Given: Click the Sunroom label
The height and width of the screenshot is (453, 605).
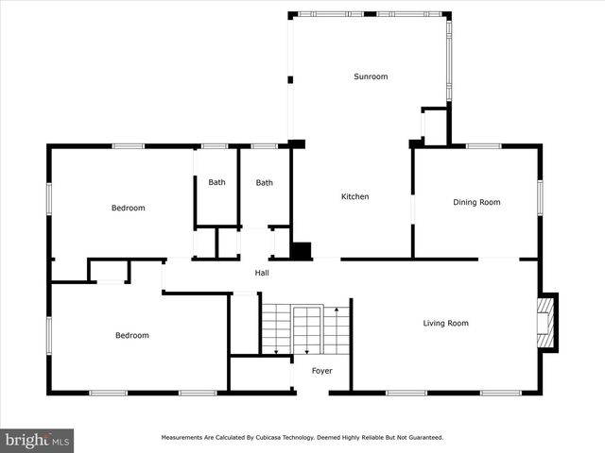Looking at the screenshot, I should point(371,76).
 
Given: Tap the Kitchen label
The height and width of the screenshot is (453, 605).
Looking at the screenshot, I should point(354,196).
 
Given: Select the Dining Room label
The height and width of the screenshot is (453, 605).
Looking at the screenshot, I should point(476,202).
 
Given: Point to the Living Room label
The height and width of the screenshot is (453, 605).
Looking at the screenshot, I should point(444,324).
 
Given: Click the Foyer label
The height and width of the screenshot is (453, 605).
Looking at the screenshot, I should point(322,371).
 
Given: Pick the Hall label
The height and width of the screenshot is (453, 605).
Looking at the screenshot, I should point(262,274).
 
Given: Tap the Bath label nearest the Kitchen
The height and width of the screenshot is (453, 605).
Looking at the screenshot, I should point(264,183).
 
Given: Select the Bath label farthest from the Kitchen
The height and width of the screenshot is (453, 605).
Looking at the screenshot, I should point(217,183).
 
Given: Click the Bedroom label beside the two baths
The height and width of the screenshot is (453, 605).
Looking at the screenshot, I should point(128,208).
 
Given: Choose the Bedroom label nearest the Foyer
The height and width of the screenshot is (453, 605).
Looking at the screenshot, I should point(132,335).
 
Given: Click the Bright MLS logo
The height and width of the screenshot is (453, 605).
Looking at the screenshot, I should point(37,440).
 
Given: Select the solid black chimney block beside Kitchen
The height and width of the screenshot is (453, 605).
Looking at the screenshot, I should point(301,251).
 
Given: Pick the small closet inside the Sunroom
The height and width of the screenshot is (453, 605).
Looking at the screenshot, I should point(434,126).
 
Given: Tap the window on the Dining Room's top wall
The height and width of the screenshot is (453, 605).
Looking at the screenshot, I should point(483,146).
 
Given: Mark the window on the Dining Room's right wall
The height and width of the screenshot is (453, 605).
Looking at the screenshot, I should point(540,194).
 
